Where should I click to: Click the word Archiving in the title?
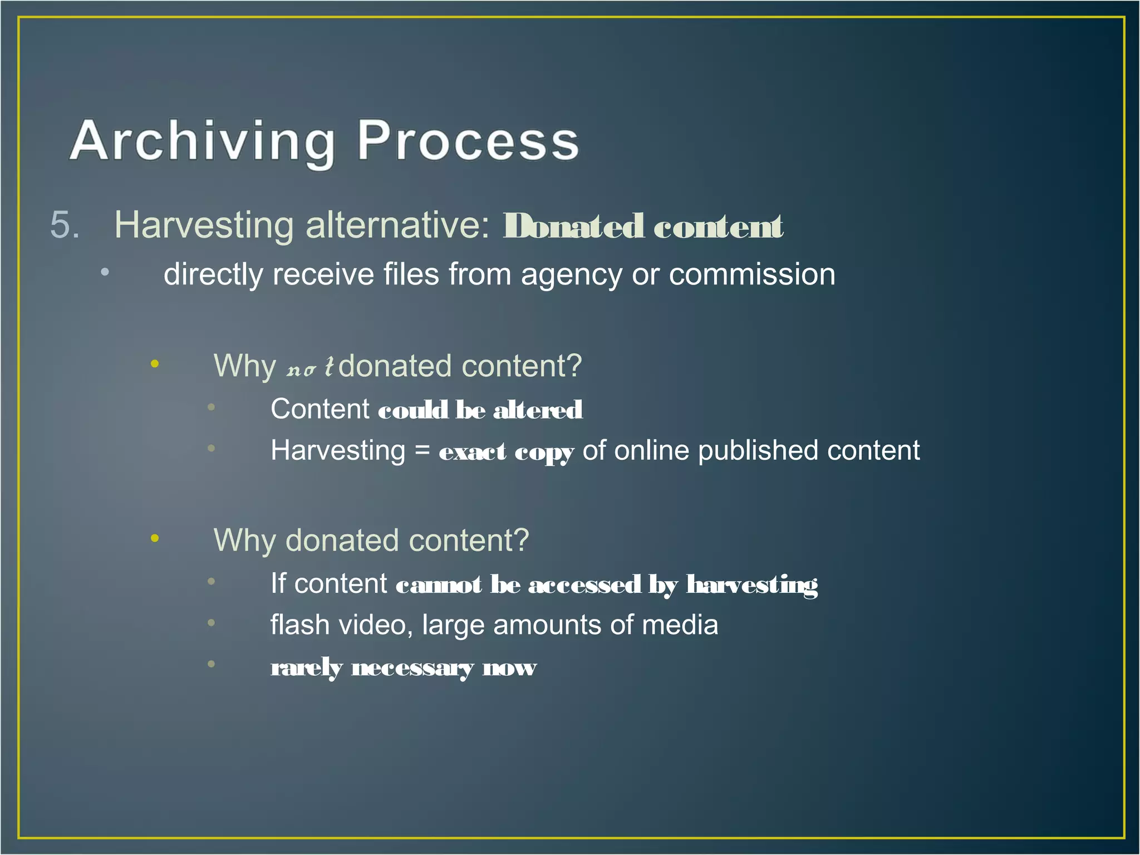202,142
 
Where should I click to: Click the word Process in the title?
468,142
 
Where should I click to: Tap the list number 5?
65,225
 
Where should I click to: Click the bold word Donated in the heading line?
573,227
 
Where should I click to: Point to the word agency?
571,275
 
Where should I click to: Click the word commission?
751,275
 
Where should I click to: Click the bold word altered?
538,410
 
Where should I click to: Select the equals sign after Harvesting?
422,450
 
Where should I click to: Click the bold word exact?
473,451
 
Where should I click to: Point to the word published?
758,450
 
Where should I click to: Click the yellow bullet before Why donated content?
155,538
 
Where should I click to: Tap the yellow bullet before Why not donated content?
155,364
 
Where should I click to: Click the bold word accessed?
584,584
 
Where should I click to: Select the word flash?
300,625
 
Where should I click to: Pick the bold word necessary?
412,667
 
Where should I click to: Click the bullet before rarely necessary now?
211,664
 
